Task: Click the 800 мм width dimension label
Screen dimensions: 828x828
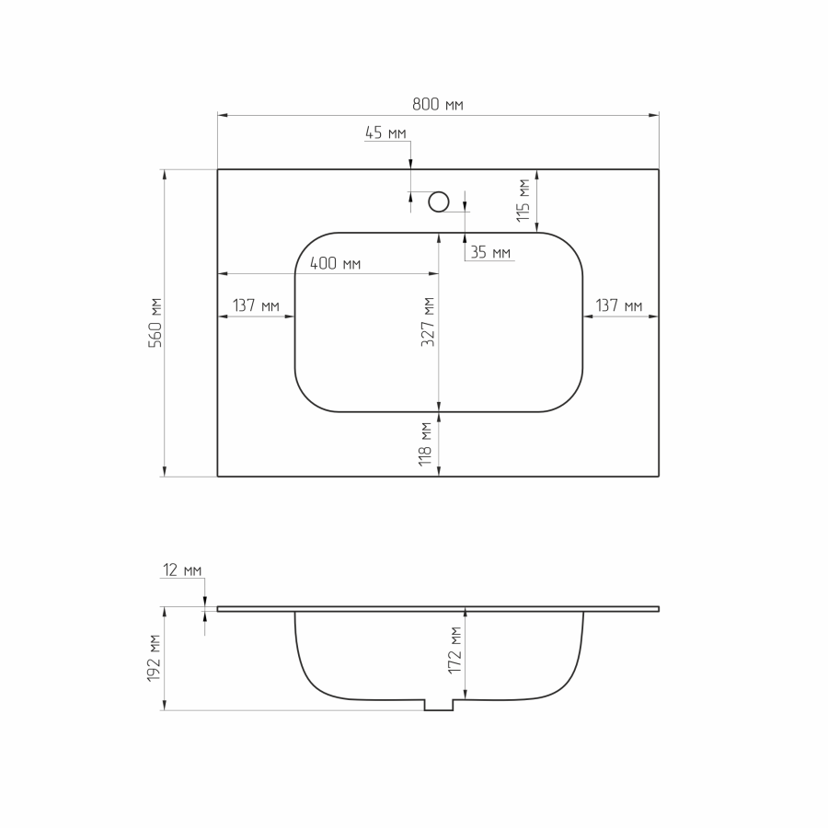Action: pos(438,105)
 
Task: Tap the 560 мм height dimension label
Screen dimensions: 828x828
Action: pos(155,322)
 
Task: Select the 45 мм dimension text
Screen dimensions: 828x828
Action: pos(385,132)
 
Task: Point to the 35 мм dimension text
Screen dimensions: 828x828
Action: pos(490,252)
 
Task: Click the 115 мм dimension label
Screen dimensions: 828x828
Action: pos(523,201)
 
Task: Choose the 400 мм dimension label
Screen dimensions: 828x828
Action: pos(335,263)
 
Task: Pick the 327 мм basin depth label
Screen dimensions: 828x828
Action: pos(428,322)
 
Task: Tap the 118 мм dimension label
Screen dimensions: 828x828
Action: pos(425,444)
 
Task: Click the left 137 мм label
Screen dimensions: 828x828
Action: pos(256,305)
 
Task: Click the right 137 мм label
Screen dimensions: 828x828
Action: pos(619,305)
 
